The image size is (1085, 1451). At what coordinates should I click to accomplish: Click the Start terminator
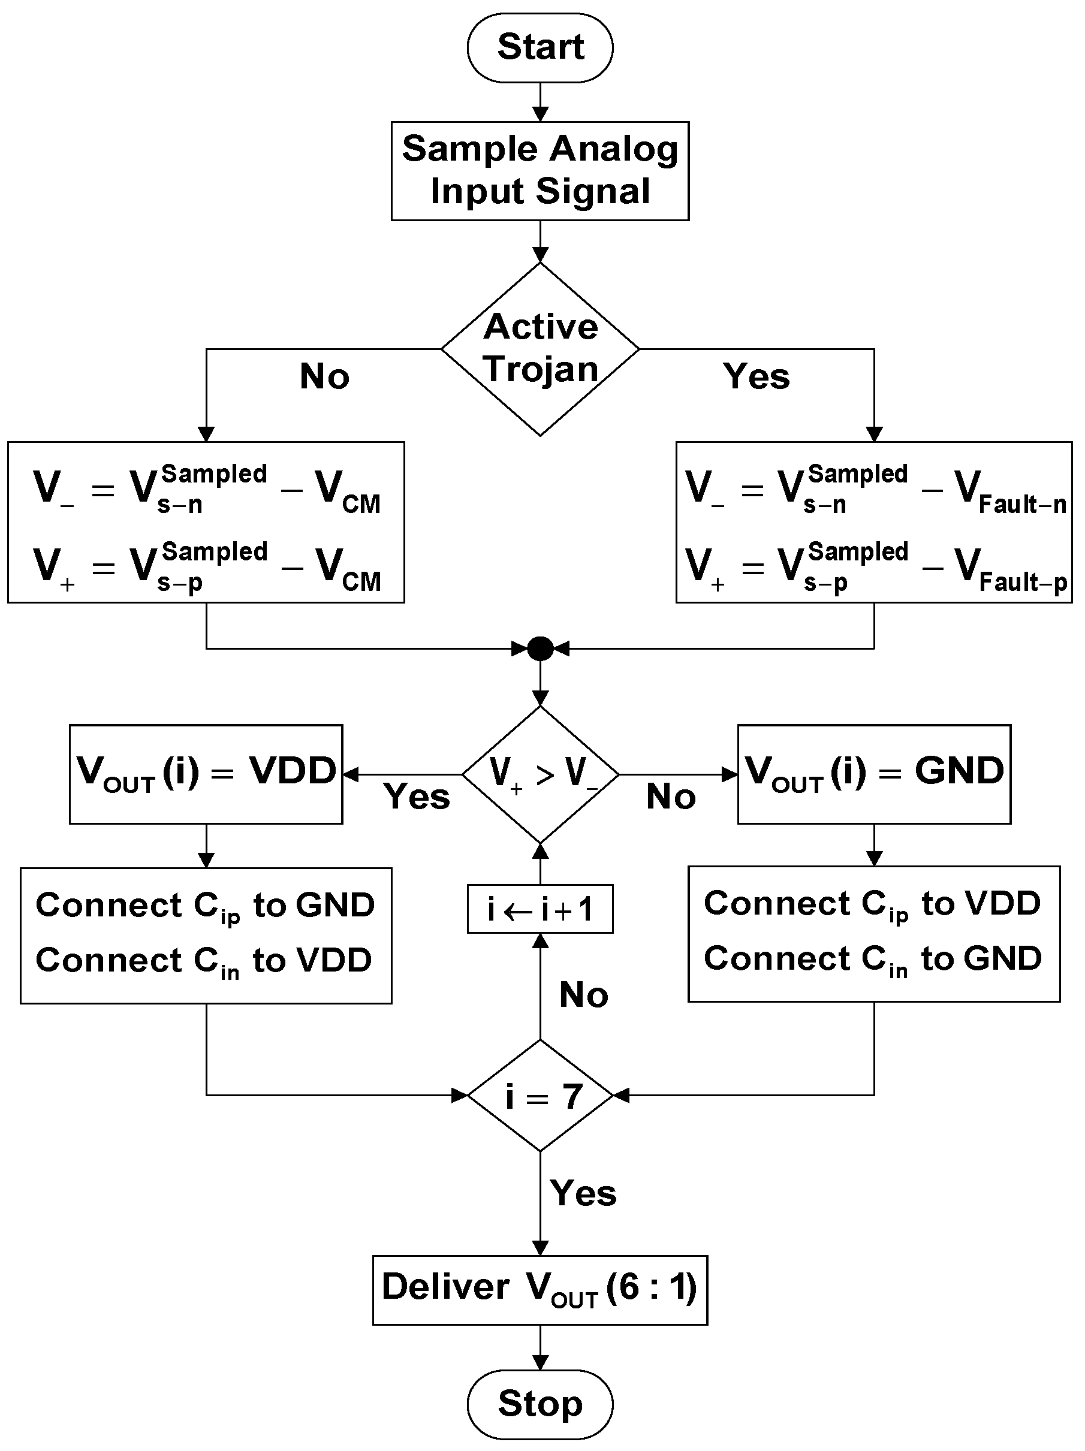[540, 47]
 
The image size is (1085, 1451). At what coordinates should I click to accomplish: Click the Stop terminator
[540, 1404]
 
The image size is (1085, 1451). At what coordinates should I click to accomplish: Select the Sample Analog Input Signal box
[540, 171]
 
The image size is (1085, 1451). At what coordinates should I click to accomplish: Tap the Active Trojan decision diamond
[540, 348]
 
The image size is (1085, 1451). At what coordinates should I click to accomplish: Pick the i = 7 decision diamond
[540, 1096]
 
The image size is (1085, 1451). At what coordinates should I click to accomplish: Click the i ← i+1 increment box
[540, 909]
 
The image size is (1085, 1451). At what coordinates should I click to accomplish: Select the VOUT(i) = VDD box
[206, 773]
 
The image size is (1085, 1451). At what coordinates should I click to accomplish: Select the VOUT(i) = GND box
[874, 773]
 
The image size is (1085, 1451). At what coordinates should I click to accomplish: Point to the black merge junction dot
[540, 648]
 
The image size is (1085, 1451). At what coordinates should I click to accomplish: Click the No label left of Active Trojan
[324, 376]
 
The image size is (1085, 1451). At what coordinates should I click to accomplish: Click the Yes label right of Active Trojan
[757, 376]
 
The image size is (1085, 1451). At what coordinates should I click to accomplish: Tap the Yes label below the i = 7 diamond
[583, 1193]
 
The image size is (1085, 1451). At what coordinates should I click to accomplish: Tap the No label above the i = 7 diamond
[583, 994]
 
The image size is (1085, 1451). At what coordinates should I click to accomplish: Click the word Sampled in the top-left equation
[215, 473]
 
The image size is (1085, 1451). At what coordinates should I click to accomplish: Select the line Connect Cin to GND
[872, 960]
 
